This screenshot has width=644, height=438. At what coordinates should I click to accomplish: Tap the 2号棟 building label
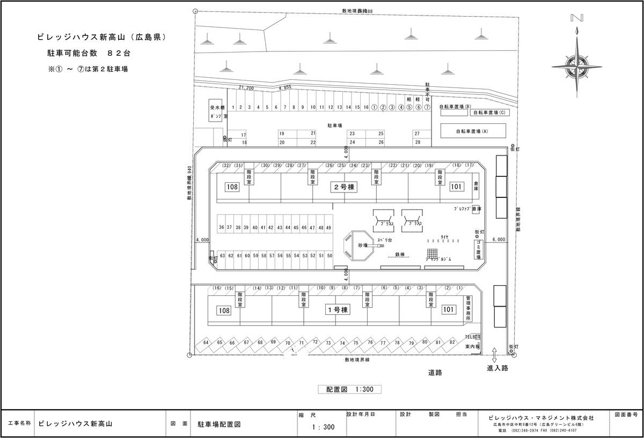343,187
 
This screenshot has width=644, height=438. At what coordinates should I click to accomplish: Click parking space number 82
452,342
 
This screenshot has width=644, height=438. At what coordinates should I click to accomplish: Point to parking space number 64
206,343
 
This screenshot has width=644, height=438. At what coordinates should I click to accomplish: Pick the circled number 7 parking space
427,107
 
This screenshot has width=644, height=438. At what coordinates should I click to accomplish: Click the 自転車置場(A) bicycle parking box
472,131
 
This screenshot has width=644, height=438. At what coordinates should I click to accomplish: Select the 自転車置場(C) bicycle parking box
488,113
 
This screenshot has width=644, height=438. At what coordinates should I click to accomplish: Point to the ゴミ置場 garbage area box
479,250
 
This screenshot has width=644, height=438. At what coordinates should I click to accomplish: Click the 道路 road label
435,372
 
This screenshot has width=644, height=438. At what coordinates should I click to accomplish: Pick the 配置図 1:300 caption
349,390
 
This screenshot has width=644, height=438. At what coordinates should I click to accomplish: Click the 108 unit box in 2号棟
232,187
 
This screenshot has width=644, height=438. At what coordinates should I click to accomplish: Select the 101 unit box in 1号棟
449,310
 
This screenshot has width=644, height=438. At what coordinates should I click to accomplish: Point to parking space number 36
221,228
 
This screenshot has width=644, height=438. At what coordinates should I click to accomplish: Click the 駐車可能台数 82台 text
89,53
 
